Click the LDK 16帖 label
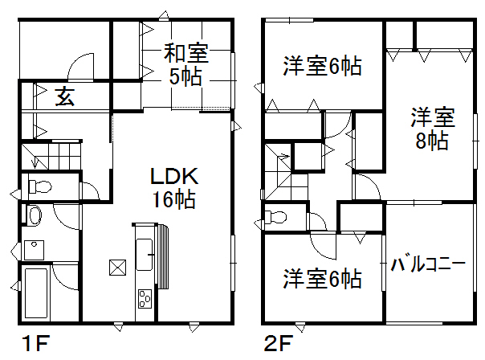(x=174, y=188)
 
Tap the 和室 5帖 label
(x=186, y=65)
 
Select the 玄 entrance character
(x=65, y=96)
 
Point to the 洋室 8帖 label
(x=433, y=129)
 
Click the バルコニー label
(x=428, y=264)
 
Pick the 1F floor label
(x=35, y=343)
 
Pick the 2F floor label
(x=279, y=343)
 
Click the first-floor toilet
(x=40, y=187)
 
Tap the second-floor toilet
(x=275, y=217)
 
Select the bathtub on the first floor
(x=36, y=292)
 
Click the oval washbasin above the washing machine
(x=35, y=215)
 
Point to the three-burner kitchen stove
(x=145, y=298)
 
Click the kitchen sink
(x=145, y=255)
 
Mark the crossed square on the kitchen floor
(x=117, y=268)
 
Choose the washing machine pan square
(x=34, y=250)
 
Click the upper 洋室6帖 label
(x=322, y=66)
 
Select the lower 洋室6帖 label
(x=322, y=279)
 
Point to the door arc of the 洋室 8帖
(x=373, y=182)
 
